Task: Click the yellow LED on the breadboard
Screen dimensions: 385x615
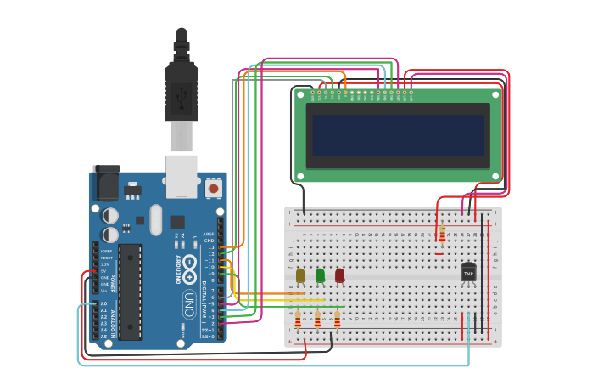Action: [x=300, y=275]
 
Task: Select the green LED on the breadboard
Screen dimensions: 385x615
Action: [x=320, y=275]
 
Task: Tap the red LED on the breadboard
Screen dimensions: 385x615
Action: [x=339, y=275]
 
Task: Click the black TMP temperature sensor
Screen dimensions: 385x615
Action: [x=468, y=272]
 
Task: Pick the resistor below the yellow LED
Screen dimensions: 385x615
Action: [x=298, y=320]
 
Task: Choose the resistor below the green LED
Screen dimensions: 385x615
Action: [x=317, y=320]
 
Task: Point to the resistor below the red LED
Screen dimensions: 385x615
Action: [x=337, y=320]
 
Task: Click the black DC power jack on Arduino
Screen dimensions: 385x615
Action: [x=106, y=183]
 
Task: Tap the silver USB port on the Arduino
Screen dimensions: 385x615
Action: [x=182, y=174]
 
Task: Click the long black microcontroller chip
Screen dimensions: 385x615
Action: [x=130, y=292]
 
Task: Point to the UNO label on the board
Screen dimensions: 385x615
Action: [x=189, y=302]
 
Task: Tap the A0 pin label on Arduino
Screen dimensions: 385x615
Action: [x=103, y=303]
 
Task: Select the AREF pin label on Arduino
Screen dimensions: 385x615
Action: [x=209, y=234]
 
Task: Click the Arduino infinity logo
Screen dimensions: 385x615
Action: [x=189, y=266]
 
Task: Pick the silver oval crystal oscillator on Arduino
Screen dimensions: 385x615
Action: [x=155, y=220]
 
